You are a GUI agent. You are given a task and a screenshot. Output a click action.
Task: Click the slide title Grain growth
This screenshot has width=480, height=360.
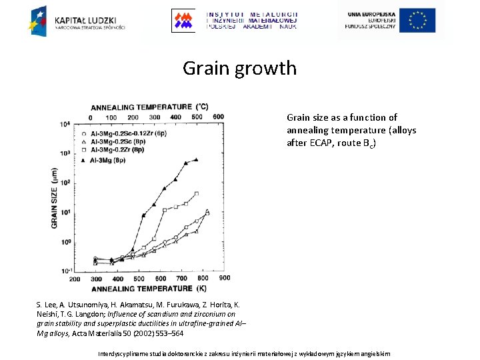click(239, 68)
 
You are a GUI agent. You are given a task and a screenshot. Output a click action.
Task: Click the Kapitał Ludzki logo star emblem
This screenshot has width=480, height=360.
click(38, 19)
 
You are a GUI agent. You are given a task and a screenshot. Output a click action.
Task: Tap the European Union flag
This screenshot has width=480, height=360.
click(417, 20)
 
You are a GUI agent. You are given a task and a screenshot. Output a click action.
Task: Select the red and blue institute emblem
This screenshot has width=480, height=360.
click(183, 20)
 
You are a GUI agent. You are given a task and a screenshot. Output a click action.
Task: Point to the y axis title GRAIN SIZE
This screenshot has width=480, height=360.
click(55, 197)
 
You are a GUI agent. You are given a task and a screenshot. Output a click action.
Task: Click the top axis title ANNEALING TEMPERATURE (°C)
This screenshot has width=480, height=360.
click(149, 107)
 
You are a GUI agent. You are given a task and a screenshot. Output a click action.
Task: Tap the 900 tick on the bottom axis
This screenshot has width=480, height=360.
click(225, 278)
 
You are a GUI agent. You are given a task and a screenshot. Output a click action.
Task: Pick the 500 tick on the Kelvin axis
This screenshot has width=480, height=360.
click(139, 279)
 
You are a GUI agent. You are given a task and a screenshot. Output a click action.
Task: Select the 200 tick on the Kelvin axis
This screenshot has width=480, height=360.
click(75, 279)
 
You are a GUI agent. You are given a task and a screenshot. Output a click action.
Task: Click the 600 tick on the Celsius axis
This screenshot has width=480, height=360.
click(218, 117)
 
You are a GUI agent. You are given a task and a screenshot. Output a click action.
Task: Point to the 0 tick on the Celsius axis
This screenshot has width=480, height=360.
click(91, 117)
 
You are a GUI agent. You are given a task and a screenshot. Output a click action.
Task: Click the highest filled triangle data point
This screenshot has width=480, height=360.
click(196, 159)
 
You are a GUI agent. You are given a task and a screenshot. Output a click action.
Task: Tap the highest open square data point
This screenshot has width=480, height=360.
click(196, 194)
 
